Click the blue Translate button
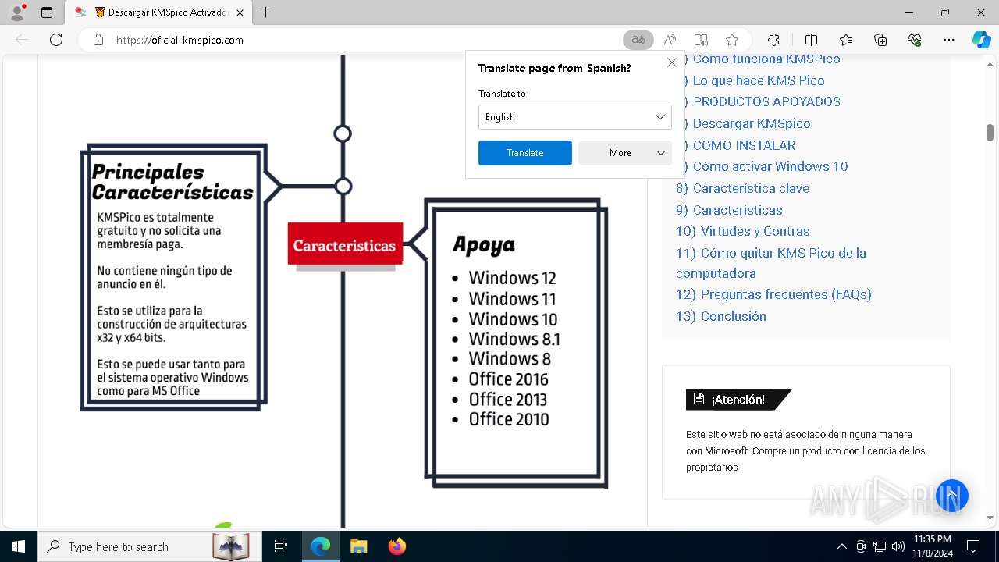[x=524, y=153]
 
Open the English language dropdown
[x=574, y=117]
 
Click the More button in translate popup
[x=624, y=153]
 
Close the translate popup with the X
[x=671, y=62]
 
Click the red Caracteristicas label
[x=345, y=245]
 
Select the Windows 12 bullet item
[x=512, y=278]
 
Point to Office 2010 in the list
[x=508, y=419]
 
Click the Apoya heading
[x=484, y=245]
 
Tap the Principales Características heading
[x=172, y=182]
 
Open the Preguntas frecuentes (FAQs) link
[x=785, y=294]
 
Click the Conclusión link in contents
[x=733, y=316]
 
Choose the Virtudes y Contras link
[x=755, y=231]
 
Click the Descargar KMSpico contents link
[x=751, y=123]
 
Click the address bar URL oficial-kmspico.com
[x=180, y=40]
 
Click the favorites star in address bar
[x=731, y=40]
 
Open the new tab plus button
[x=266, y=12]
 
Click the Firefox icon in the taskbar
[x=397, y=546]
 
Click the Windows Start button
[x=18, y=546]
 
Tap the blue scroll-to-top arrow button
[x=951, y=496]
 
